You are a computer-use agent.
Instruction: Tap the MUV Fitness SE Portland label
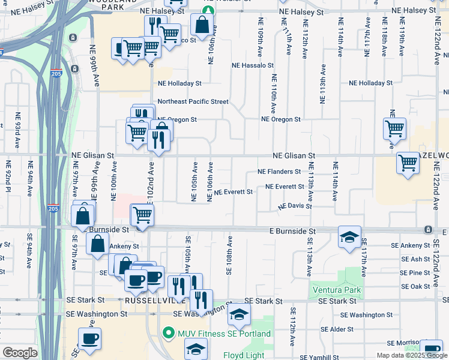223,334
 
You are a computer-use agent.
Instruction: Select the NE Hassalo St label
253,65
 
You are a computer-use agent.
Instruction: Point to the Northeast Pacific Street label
193,101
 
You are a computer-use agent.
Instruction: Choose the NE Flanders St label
279,172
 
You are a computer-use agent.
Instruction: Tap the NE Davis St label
294,206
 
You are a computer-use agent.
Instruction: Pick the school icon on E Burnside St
349,237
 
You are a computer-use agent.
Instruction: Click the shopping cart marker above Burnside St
142,214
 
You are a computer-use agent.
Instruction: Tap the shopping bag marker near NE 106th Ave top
202,25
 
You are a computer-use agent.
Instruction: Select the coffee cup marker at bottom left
89,339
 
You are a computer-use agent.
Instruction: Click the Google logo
20,353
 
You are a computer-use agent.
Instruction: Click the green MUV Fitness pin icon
170,334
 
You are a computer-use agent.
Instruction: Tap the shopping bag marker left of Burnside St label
83,215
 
